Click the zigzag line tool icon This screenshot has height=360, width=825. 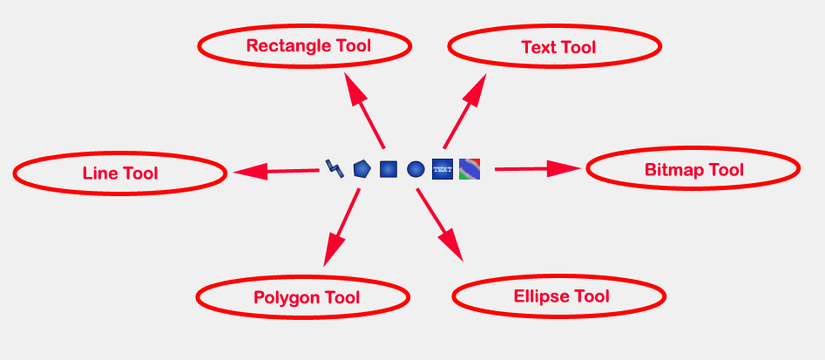[x=335, y=167]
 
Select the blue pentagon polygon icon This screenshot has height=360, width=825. [x=362, y=169]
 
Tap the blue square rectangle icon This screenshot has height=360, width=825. [x=389, y=169]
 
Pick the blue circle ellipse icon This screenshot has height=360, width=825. [x=416, y=169]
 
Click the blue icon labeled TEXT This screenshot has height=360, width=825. [x=443, y=169]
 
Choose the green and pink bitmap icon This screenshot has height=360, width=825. [x=470, y=169]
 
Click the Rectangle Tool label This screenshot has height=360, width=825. [x=308, y=46]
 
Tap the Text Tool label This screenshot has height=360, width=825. [x=558, y=48]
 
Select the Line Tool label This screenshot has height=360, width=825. [x=120, y=173]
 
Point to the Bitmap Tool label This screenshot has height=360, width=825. [x=693, y=170]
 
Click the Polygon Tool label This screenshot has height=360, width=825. [x=306, y=298]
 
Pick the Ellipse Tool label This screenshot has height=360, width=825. [x=561, y=296]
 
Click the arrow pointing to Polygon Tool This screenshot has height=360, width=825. [x=341, y=227]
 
